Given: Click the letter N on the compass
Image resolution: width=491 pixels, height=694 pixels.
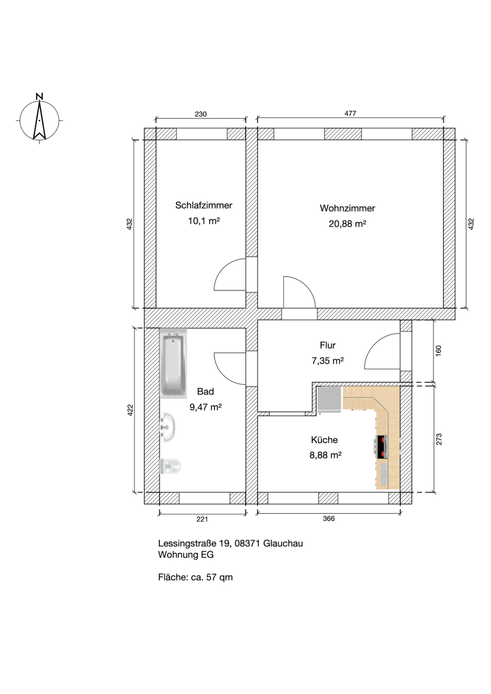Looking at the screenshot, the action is (x=39, y=96).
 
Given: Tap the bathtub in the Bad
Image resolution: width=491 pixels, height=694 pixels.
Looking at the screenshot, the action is (x=173, y=363).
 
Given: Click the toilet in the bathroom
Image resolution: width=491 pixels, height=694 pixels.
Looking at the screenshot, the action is (x=170, y=466).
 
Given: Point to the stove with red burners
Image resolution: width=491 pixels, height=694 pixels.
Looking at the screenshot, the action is (x=382, y=447).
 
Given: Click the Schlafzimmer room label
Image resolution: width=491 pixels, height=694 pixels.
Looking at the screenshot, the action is (x=204, y=205).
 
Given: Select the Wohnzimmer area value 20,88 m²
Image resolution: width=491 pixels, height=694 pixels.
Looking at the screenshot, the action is (x=347, y=224).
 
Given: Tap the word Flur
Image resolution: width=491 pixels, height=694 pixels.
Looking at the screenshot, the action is (x=328, y=345).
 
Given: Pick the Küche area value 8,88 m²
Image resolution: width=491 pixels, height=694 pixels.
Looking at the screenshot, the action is (x=325, y=455).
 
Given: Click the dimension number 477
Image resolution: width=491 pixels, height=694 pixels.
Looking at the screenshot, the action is (x=350, y=113).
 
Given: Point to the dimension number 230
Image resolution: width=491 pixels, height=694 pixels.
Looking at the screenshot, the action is (x=201, y=114).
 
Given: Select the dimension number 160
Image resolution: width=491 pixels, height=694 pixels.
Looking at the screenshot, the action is (x=439, y=350).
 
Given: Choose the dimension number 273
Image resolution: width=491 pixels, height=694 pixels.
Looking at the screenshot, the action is (x=439, y=439).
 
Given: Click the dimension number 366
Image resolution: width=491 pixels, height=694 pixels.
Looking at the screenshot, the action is (x=328, y=518).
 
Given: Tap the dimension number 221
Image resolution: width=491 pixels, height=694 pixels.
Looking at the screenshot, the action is (x=202, y=519).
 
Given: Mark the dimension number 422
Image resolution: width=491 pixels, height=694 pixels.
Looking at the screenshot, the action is (x=130, y=410).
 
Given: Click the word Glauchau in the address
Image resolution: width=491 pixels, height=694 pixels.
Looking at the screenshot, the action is (x=283, y=543).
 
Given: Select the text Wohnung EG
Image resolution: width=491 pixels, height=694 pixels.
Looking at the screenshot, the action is (x=186, y=555).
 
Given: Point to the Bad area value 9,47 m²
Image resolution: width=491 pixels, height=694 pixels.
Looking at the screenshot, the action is (x=205, y=407).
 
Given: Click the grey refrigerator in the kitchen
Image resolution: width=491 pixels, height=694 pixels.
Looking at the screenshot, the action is (x=329, y=400).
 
